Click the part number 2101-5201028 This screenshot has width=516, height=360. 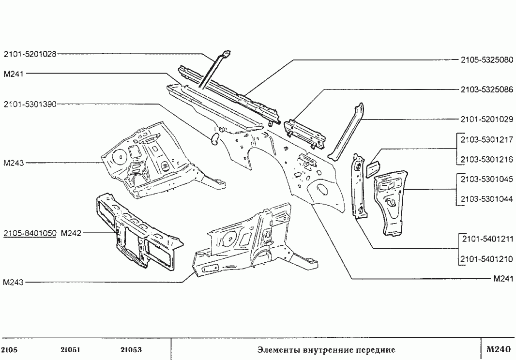pos(30,54)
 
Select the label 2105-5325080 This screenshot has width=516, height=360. pos(486,60)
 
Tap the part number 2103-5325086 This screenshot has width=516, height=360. pos(486,90)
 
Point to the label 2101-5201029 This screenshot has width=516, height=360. pos(486,119)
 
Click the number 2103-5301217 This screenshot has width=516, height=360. pos(486,140)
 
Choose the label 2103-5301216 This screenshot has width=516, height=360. pos(486,159)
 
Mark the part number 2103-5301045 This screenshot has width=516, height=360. pos(486,179)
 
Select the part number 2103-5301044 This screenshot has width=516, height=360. pos(486,199)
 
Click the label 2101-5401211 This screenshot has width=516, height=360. pos(486,239)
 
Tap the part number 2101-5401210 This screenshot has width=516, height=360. pos(486,259)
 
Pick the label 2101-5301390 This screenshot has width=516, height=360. pos(30,103)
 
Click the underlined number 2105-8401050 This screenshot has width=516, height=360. pos(30,233)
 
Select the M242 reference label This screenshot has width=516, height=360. pos(71,233)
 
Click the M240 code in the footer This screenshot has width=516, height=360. pos(497,349)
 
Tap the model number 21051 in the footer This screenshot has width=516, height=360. pos(71,350)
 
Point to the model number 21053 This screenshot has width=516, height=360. pos(131,350)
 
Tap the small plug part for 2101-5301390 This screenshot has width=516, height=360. pos(214,139)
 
